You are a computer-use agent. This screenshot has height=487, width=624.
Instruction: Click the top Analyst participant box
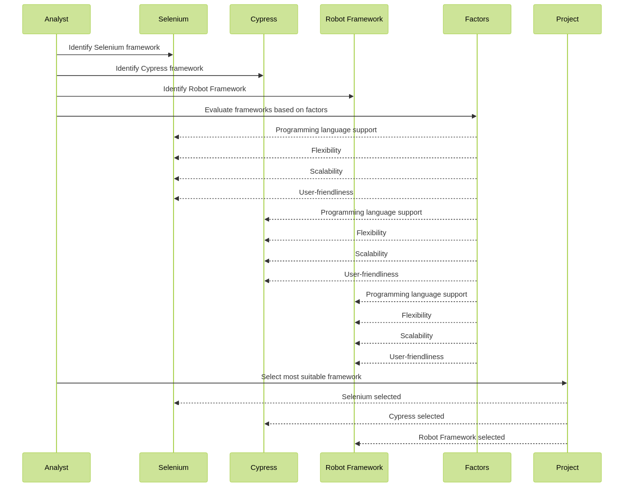coord(56,19)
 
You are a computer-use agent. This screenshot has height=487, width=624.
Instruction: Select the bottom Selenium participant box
coord(173,467)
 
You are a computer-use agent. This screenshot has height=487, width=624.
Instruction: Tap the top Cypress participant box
coord(263,19)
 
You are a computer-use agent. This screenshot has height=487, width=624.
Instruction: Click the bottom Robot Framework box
coord(354,467)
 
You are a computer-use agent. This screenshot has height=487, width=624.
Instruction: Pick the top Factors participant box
coord(477,19)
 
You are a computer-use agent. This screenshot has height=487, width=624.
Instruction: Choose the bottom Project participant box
coord(567,467)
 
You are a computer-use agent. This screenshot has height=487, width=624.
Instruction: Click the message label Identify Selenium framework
coord(114,47)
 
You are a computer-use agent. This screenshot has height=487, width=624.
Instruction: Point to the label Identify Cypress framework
coord(159,68)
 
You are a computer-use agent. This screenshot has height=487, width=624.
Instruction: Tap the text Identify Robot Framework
coord(204,89)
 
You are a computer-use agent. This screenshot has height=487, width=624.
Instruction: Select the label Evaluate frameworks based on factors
coord(266,110)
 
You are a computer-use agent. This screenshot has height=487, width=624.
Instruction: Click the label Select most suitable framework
coord(311,377)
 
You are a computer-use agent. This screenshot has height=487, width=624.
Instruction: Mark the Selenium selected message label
coord(371,397)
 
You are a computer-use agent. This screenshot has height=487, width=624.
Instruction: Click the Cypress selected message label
coord(416,416)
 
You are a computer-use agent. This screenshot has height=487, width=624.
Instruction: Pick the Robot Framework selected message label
coord(461,437)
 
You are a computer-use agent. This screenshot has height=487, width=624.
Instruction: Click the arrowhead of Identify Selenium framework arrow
coord(171,55)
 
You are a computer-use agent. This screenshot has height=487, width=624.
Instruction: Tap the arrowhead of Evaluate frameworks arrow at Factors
coord(474,116)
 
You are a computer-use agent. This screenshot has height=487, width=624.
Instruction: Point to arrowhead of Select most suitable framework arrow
coord(564,383)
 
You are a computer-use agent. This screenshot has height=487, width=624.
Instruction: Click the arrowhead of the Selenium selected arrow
coord(176,403)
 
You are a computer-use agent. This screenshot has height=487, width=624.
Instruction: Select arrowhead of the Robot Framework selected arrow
coord(357,444)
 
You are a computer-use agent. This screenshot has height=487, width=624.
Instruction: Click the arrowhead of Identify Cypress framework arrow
coord(261,76)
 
